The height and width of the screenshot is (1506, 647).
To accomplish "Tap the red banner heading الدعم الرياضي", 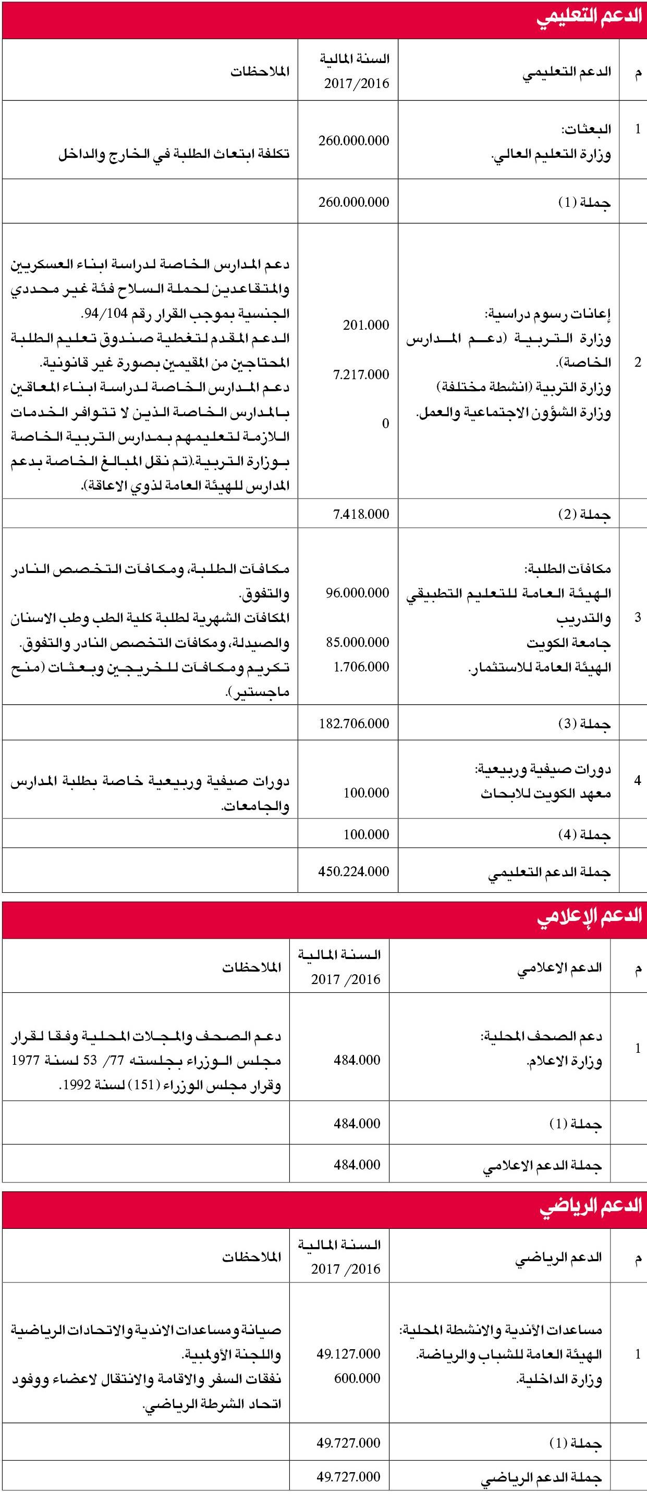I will [x=590, y=1206].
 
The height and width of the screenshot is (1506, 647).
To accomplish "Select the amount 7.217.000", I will [x=361, y=375].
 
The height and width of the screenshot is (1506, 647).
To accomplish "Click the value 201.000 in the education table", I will [x=365, y=325].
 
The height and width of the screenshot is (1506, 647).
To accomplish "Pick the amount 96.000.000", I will [x=357, y=592].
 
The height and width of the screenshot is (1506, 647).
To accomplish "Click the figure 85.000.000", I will [x=357, y=642].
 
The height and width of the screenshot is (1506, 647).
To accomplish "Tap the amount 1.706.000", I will [x=361, y=666].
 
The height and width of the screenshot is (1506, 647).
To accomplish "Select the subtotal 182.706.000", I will [x=353, y=723].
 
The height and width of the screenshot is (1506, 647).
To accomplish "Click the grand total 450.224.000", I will [x=353, y=871].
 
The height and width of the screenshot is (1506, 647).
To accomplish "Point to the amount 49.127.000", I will [x=349, y=1353].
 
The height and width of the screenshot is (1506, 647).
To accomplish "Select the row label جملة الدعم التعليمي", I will [x=550, y=872].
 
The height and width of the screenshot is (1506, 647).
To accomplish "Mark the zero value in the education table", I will [x=385, y=424].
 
